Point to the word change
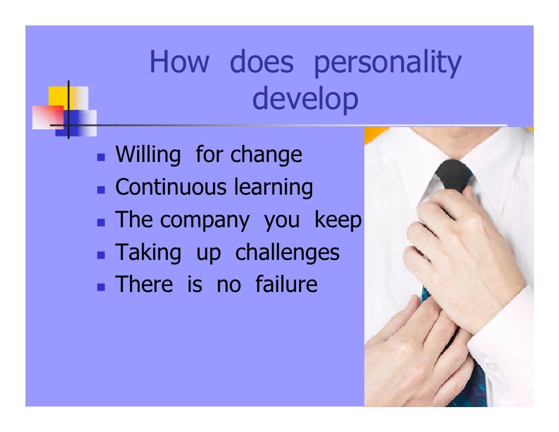coord(266,155)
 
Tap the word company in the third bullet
coord(205,221)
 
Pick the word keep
coord(338,220)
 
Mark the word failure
coord(286,284)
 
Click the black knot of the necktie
coord(454,176)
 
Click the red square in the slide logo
coord(47,117)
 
